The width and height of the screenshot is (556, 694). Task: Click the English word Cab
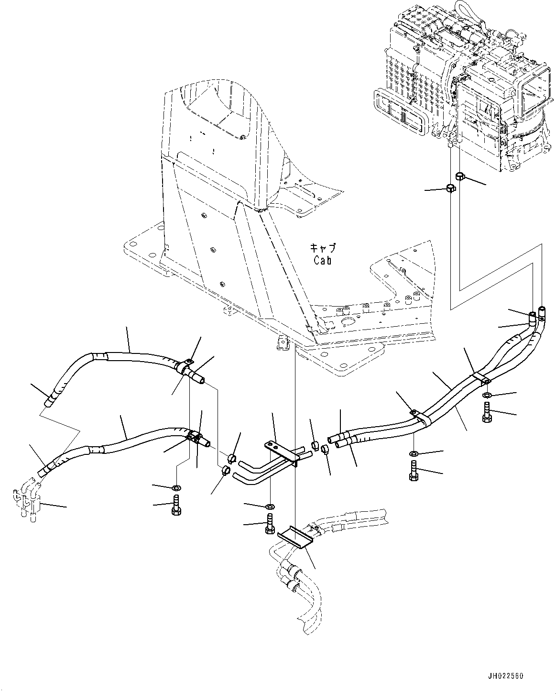(322, 260)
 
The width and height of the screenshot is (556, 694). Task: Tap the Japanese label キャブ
(323, 248)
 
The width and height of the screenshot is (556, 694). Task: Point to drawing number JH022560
(505, 676)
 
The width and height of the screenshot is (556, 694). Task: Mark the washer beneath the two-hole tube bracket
(269, 506)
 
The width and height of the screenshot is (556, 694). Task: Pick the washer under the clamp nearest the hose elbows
(487, 395)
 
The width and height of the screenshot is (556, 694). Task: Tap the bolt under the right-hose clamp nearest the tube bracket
(414, 471)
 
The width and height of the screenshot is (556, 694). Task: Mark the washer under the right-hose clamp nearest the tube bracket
(414, 453)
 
